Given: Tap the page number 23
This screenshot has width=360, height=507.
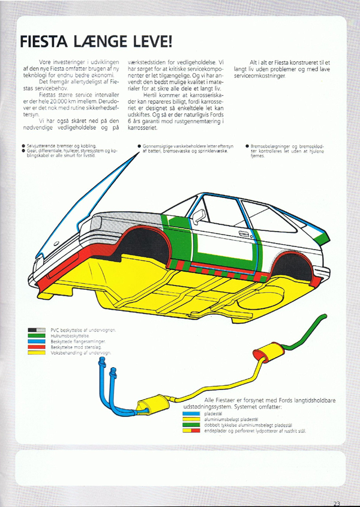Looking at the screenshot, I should (x=335, y=503).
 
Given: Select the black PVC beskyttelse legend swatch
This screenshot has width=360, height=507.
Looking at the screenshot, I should (x=37, y=330).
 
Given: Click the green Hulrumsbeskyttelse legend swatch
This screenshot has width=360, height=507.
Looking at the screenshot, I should (x=37, y=336).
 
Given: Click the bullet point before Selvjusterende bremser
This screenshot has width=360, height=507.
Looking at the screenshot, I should (x=23, y=146).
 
